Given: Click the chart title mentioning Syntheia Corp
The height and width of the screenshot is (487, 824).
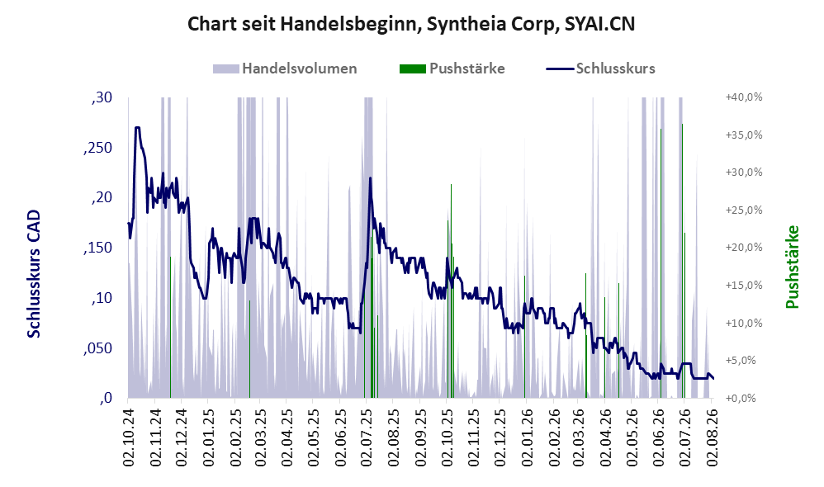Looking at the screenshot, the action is point(411,24).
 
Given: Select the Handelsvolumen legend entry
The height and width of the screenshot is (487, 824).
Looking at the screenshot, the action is point(285,69).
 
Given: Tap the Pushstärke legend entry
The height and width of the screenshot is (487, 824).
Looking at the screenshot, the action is point(452,69).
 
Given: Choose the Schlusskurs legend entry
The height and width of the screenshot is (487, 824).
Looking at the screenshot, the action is point(600,69).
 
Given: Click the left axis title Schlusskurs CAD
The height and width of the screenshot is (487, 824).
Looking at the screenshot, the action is point(34,274).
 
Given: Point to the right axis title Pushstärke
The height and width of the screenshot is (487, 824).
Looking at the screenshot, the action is point(792,267).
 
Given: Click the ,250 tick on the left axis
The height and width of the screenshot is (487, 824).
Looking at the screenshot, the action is point(97,148).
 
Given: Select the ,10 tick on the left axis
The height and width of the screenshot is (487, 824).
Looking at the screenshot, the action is point(102,299).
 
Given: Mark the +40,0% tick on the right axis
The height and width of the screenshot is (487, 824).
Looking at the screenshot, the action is point(744,97).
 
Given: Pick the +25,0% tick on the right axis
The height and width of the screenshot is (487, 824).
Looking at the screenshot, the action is point(744,210).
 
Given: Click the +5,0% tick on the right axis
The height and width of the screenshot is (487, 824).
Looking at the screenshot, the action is point(746,361).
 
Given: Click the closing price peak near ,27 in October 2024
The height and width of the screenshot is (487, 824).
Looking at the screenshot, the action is point(138,128).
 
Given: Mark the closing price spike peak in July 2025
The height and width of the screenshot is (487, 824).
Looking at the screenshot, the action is point(370,178).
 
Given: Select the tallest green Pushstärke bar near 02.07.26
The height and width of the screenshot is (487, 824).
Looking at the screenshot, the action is point(682,261).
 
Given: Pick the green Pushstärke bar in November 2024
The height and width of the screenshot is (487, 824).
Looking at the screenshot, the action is point(170,328).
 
